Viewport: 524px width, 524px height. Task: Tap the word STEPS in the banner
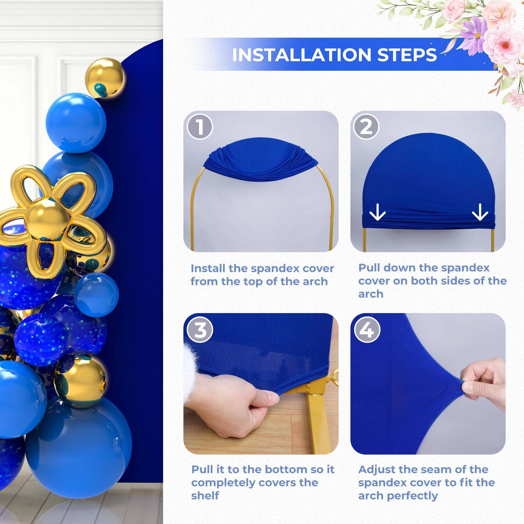pyautogui.click(x=407, y=55)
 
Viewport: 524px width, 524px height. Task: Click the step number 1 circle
pyautogui.click(x=200, y=127)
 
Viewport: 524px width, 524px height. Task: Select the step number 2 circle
pyautogui.click(x=366, y=127)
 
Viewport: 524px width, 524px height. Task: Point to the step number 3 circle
pyautogui.click(x=200, y=330)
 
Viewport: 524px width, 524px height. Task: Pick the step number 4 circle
pyautogui.click(x=367, y=330)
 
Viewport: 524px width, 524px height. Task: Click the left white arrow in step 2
pyautogui.click(x=377, y=212)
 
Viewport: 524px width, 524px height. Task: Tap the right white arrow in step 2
pyautogui.click(x=480, y=212)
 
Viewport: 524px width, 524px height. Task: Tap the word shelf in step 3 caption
pyautogui.click(x=205, y=496)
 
